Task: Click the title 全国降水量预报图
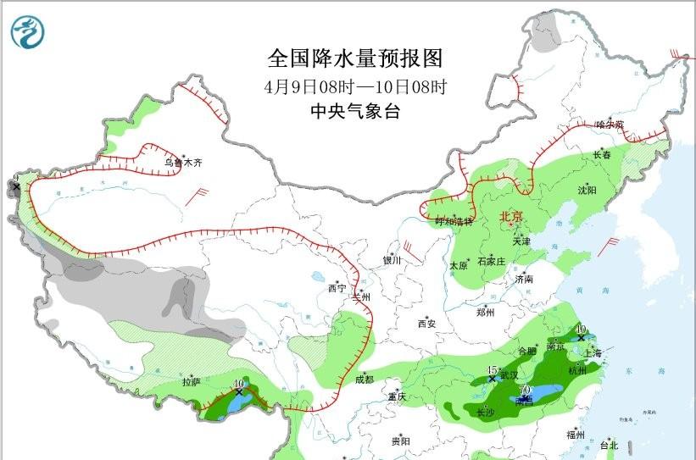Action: [355, 58]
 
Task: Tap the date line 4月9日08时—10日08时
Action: [355, 86]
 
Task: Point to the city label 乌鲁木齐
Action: [184, 162]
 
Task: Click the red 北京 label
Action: [512, 216]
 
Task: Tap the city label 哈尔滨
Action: [610, 125]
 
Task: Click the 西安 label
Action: [426, 324]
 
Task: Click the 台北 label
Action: [609, 445]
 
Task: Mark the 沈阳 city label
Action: [587, 191]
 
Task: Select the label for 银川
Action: [391, 261]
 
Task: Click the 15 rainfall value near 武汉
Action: [492, 370]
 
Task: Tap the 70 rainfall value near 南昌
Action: [525, 390]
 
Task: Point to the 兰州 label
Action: [363, 297]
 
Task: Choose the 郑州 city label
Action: [486, 312]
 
